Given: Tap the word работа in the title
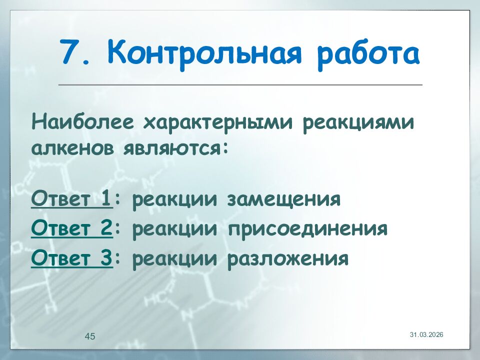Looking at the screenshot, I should click(368, 53).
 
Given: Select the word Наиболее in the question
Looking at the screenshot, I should click(83, 122).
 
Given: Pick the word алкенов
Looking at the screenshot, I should click(71, 148).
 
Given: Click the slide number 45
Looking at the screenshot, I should click(90, 336).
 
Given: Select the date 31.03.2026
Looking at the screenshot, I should click(426, 334).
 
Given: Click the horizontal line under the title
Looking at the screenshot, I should click(240, 85).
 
